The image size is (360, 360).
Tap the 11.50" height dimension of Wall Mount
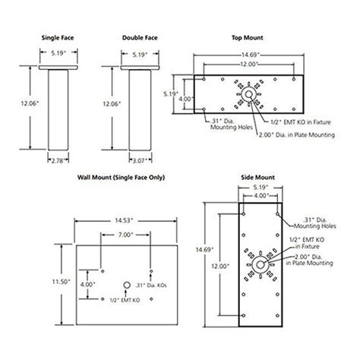point(62,281)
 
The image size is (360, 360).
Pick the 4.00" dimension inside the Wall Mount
point(88,286)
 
